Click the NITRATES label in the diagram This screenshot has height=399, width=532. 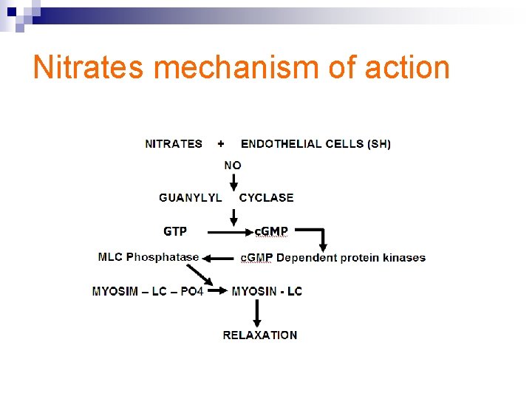coord(174,143)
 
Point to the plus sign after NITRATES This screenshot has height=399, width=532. coord(221,143)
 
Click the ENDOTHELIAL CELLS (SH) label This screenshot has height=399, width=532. coord(316,143)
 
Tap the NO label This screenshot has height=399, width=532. coord(233,165)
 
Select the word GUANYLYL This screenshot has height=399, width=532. coord(190,197)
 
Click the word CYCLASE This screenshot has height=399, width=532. coord(266,197)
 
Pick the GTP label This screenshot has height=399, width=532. coord(175,231)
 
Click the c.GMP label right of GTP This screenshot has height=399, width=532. coord(270,231)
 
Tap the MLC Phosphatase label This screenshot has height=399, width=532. coord(149,257)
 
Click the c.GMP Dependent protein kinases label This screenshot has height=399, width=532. coord(333,258)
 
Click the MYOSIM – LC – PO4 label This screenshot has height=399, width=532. coord(147,291)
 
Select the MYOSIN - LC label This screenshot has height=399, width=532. coord(267,291)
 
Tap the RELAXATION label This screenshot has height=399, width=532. coord(260,335)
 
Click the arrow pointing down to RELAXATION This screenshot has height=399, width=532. coord(257,313)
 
